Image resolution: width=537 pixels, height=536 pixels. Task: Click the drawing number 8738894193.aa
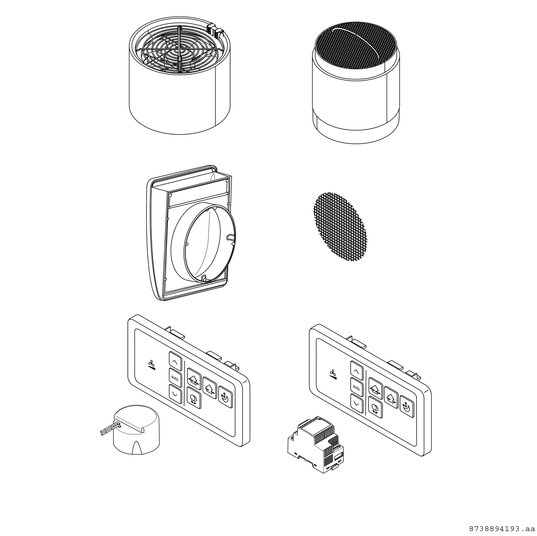click(x=501, y=529)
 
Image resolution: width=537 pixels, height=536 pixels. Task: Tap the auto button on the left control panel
click(x=175, y=378)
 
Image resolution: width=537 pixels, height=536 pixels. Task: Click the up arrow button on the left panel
click(x=175, y=361)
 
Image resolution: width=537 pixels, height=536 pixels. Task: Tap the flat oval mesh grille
click(x=340, y=227)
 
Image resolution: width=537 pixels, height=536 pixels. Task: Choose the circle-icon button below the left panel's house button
click(x=194, y=398)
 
